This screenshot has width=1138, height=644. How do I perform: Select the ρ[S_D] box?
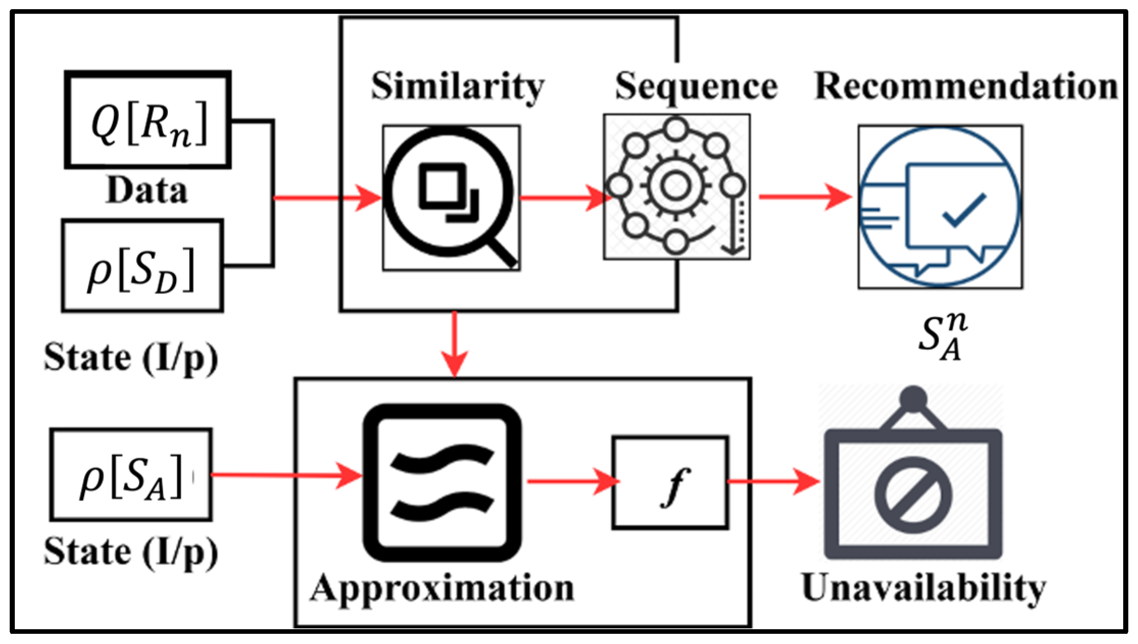click(x=142, y=266)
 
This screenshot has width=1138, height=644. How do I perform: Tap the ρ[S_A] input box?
click(x=131, y=475)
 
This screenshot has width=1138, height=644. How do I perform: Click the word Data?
click(x=146, y=191)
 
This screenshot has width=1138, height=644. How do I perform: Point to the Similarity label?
click(x=457, y=87)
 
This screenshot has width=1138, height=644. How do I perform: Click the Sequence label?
click(x=696, y=87)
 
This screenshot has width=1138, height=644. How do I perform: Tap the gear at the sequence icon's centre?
click(x=676, y=185)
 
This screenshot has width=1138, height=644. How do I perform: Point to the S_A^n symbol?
click(x=942, y=337)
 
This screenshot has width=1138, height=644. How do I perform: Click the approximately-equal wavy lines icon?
click(x=442, y=482)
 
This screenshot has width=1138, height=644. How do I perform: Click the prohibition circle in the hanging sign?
click(x=913, y=495)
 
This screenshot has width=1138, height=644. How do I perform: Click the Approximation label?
click(x=442, y=588)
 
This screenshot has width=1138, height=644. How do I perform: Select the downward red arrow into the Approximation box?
click(x=454, y=344)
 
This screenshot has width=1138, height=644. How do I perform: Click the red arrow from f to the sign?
click(x=773, y=481)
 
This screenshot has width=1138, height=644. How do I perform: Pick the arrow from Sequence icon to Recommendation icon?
click(x=805, y=196)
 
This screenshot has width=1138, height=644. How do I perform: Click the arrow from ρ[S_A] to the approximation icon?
click(x=286, y=475)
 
